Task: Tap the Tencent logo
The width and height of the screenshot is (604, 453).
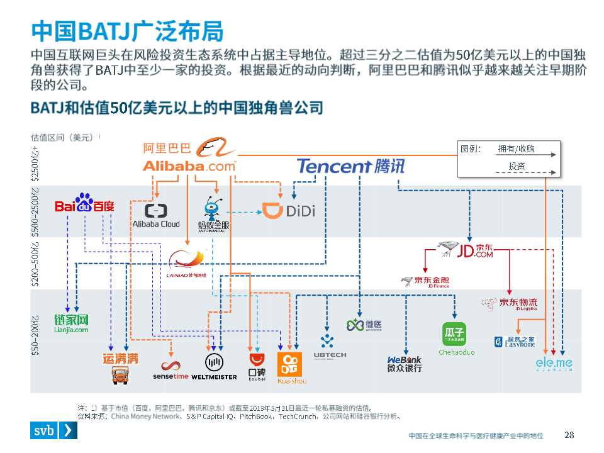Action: [x=350, y=166]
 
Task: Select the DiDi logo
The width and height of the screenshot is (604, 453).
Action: [x=288, y=211]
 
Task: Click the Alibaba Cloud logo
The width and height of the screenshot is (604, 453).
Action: [x=155, y=215]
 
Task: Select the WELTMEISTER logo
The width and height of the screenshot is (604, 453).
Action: [x=213, y=366]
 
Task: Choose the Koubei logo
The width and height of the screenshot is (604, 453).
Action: [x=257, y=366]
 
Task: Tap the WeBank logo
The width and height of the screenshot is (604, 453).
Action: [x=405, y=364]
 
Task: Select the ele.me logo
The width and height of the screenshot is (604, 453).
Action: [x=554, y=363]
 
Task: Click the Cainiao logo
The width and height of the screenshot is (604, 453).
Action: [x=188, y=264]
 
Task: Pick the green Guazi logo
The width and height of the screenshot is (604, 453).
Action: [x=456, y=338]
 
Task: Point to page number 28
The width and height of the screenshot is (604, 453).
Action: [x=569, y=435]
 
